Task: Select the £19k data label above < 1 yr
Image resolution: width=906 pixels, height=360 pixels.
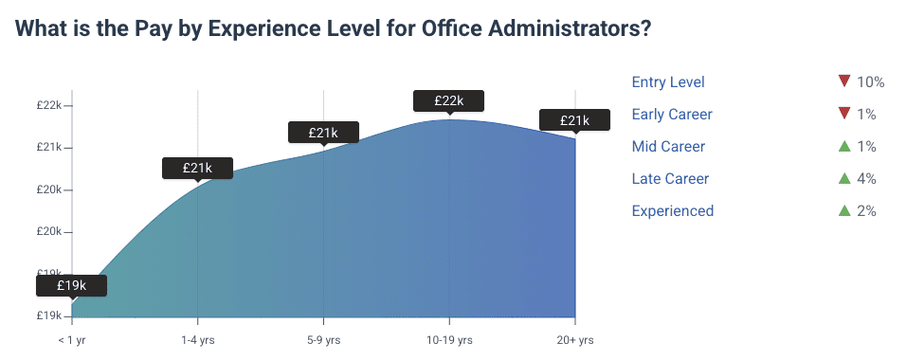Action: point(72,285)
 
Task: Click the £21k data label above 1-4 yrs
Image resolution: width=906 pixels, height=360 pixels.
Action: point(197,168)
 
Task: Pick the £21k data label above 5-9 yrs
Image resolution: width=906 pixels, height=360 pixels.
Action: point(323,133)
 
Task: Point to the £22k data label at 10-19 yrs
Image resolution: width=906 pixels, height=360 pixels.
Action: point(448,100)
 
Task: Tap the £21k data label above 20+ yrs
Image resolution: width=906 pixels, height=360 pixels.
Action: point(574,120)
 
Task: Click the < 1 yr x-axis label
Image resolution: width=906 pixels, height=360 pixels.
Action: point(72,339)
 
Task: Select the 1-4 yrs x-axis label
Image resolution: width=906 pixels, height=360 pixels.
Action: point(197,339)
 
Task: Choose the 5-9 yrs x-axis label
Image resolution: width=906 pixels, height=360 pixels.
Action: point(323,339)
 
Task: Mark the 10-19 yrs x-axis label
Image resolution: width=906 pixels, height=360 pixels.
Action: point(448,339)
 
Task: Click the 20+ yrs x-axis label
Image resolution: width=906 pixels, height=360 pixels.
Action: point(574,339)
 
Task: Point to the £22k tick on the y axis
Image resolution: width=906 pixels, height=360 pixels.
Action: point(49,105)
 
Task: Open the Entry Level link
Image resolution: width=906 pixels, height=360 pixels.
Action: point(668,82)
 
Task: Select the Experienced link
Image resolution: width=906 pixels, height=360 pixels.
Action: point(673,211)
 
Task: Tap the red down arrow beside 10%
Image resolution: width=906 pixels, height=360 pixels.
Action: point(843,81)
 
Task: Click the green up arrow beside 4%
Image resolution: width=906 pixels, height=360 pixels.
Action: point(843,178)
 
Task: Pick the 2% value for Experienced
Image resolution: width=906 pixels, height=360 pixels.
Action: point(866,211)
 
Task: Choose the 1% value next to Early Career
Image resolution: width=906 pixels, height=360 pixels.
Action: point(866,115)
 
